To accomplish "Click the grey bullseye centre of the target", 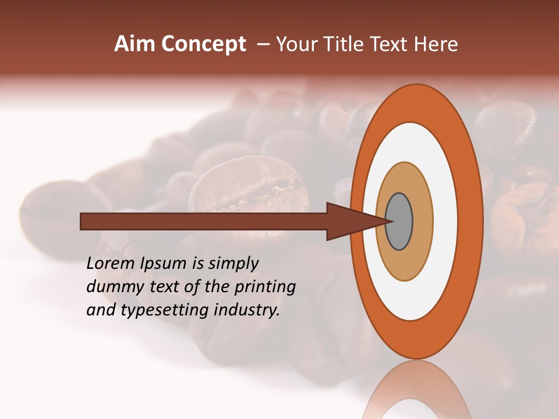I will [x=399, y=222].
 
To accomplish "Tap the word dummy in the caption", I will [x=112, y=287].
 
